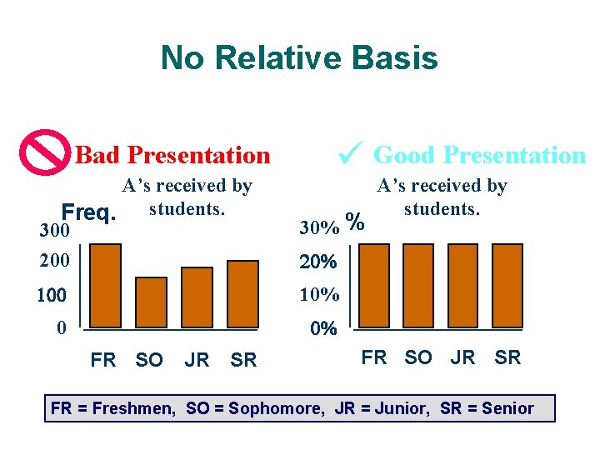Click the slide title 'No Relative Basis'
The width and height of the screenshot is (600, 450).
[299, 58]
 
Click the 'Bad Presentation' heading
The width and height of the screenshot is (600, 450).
[172, 155]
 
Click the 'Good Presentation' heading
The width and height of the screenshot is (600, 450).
[479, 155]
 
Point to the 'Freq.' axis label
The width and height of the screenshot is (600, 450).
[87, 213]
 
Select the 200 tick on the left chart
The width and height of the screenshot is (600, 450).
[55, 262]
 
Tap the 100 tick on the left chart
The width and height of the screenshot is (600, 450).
[55, 295]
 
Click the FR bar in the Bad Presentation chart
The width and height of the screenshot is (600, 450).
[106, 282]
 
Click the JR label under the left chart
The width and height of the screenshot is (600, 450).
[197, 360]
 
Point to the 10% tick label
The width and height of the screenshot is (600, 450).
[318, 295]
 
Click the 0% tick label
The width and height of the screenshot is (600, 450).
[323, 328]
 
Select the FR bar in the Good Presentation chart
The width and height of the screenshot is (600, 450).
[373, 282]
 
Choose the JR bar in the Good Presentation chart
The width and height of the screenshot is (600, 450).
[464, 282]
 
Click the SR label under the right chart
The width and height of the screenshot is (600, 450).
[507, 357]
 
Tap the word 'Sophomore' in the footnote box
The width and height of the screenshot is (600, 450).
[267, 408]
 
